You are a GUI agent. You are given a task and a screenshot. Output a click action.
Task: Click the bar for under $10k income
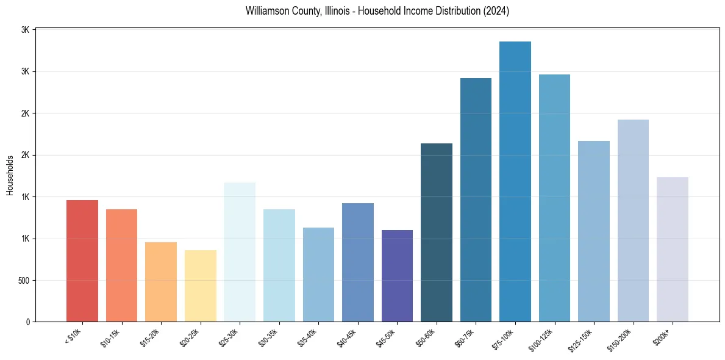tap(82, 261)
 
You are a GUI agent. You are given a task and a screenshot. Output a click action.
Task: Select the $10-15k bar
tap(121, 265)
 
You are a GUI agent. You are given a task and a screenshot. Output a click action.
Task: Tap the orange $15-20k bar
tap(161, 282)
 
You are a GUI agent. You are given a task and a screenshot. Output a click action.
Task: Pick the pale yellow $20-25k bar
tap(201, 286)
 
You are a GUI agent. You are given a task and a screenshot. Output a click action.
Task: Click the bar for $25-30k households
tap(240, 252)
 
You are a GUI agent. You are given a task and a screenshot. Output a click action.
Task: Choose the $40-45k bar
tap(358, 262)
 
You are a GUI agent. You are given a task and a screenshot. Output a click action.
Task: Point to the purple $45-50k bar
tap(397, 276)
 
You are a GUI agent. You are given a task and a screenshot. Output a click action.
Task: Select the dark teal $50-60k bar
tap(437, 232)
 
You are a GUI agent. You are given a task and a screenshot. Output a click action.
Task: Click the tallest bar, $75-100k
tap(515, 181)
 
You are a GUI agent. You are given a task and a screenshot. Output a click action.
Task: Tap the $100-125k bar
tap(554, 198)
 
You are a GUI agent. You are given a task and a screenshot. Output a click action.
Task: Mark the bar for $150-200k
tap(633, 221)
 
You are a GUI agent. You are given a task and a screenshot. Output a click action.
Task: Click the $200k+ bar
tap(673, 250)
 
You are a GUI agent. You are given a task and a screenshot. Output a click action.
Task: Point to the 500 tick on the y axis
tap(23, 281)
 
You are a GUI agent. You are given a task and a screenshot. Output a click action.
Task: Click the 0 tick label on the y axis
tap(28, 322)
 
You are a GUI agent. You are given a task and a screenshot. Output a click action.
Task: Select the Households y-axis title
tap(10, 175)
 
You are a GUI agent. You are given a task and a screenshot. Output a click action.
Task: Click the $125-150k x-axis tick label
tap(583, 339)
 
